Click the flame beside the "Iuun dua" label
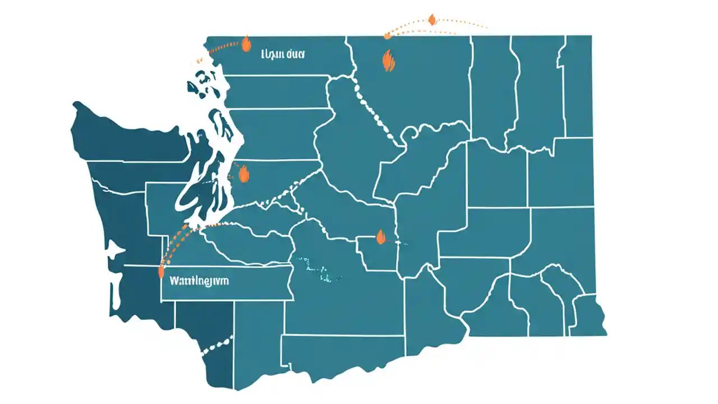tap(245, 44)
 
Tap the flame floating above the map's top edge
tap(432, 20)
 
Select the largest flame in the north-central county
tap(388, 60)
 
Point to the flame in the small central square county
tap(381, 237)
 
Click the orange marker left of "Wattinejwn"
tap(162, 272)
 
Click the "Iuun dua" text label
tap(282, 55)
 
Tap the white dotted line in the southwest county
tap(217, 344)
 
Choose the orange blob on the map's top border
tap(388, 36)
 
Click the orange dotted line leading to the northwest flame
tap(222, 47)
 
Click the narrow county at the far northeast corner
tap(577, 84)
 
